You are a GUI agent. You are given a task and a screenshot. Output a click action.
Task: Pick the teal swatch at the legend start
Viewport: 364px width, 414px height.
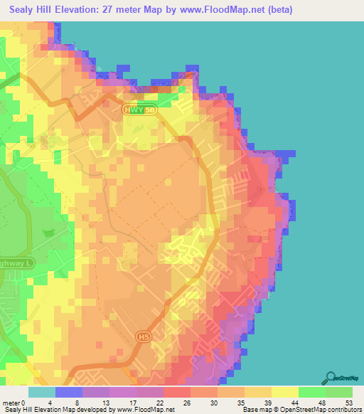click(x=41, y=392)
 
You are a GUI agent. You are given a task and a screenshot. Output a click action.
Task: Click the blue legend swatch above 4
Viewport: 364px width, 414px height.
click(x=68, y=392)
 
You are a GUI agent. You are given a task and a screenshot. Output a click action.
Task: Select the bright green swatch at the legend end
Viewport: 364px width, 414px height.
click(x=339, y=392)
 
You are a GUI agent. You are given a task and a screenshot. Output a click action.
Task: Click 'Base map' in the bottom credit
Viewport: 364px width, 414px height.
click(x=254, y=410)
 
